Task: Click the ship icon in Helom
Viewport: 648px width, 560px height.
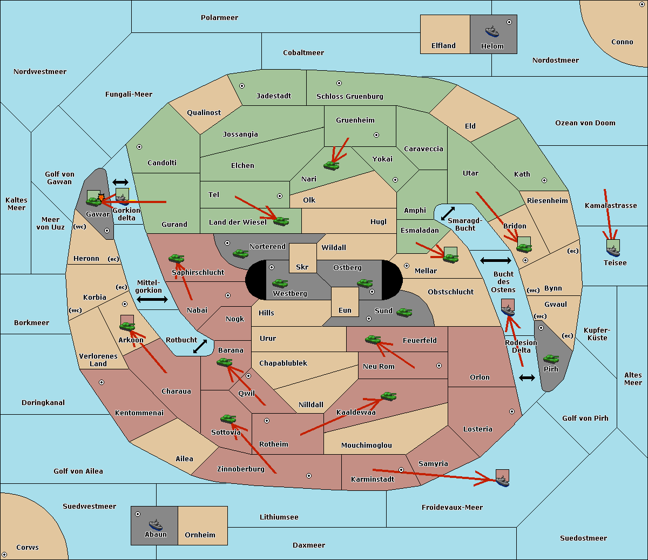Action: click(x=492, y=31)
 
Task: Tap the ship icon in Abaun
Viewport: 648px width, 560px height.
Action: click(x=156, y=524)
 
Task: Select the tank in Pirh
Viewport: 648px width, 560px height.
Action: click(x=551, y=359)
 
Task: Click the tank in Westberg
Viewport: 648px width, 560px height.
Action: click(x=280, y=283)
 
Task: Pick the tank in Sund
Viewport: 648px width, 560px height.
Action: click(x=404, y=312)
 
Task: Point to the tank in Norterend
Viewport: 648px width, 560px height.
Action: click(x=240, y=253)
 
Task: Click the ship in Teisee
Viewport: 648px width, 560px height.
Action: click(x=613, y=251)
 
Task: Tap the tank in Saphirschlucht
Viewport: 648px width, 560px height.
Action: click(x=176, y=258)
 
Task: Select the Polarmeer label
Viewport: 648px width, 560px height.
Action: click(x=219, y=18)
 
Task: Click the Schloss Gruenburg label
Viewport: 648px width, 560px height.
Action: click(x=350, y=96)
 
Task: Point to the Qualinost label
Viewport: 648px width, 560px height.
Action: click(x=204, y=112)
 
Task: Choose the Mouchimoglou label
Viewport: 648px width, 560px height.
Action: click(x=367, y=445)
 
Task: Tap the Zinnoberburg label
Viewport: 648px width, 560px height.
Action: click(x=241, y=469)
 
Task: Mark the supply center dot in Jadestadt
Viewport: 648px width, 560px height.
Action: click(x=242, y=86)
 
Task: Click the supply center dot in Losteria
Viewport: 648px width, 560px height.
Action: click(x=512, y=411)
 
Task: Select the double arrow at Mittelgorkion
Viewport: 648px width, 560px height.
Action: click(x=152, y=299)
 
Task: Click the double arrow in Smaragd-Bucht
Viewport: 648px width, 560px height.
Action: click(x=448, y=213)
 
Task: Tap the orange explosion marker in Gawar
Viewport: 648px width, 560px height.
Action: click(x=101, y=197)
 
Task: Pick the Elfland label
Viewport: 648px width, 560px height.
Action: click(x=443, y=46)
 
